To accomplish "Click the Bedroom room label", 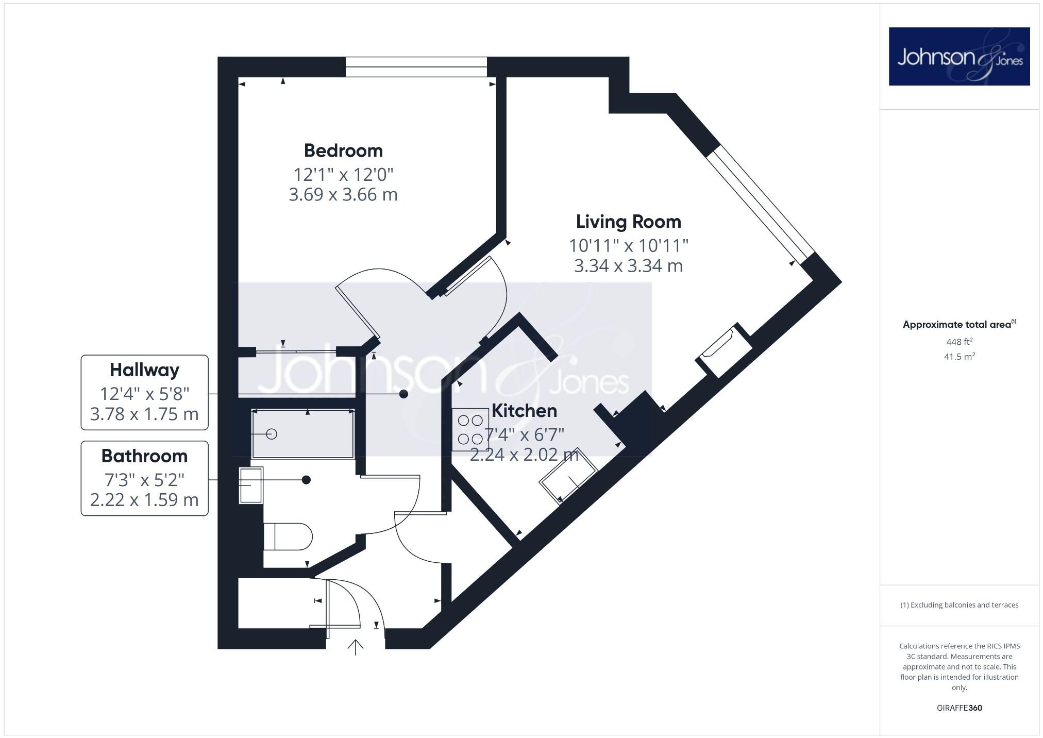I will (x=343, y=150).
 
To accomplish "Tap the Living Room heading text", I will (x=628, y=222).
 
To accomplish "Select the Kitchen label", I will (x=524, y=411).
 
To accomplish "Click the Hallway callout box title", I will (x=144, y=370).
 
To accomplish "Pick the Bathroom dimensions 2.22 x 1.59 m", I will (x=144, y=500).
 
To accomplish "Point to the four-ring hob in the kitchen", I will (x=470, y=430).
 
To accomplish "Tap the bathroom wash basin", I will (x=251, y=485).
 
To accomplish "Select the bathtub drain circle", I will (x=272, y=434).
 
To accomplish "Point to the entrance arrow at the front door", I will (x=356, y=647).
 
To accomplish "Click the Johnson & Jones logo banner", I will (x=959, y=57).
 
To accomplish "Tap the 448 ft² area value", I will (x=959, y=342).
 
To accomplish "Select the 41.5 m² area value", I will (x=959, y=357).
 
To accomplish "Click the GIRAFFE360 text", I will (x=959, y=708).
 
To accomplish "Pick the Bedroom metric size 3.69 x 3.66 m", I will (x=343, y=195).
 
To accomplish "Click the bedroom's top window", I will (x=416, y=67).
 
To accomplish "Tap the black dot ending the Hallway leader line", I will (x=404, y=394).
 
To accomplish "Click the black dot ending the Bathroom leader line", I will (x=306, y=480).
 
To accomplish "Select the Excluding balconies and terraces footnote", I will (x=959, y=605).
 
